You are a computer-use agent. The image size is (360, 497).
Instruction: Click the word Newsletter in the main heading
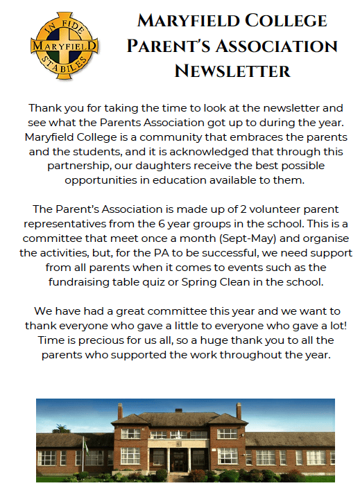(x=232, y=70)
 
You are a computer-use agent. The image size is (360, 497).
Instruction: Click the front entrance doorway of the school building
(x=179, y=459)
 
